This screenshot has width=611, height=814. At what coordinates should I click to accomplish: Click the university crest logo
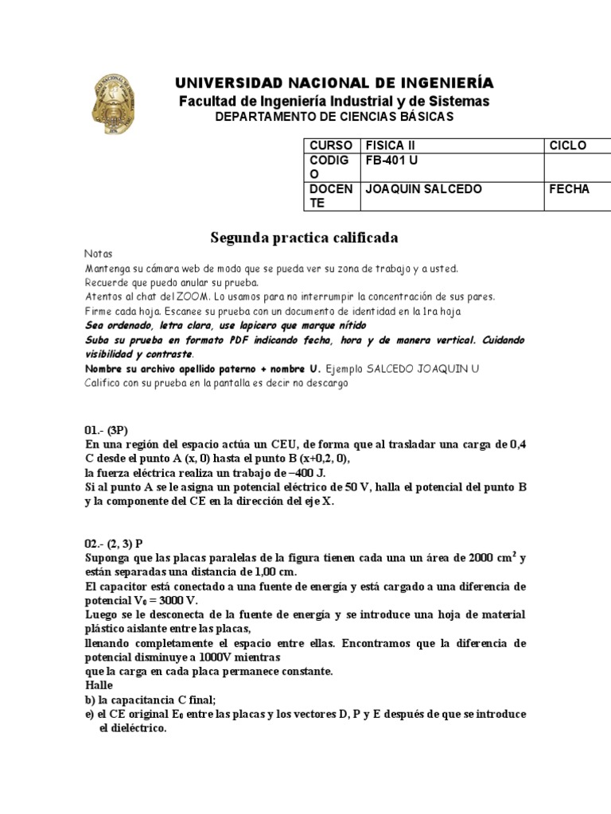pyautogui.click(x=118, y=103)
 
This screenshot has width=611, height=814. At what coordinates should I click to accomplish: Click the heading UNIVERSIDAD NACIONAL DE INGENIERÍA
pyautogui.click(x=334, y=83)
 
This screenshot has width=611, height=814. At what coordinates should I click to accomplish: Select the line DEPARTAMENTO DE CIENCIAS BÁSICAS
pyautogui.click(x=334, y=117)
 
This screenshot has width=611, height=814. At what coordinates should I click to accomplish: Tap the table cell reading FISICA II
pyautogui.click(x=390, y=145)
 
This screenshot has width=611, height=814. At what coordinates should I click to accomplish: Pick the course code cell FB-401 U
pyautogui.click(x=391, y=159)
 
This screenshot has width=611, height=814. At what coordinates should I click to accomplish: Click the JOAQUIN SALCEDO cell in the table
pyautogui.click(x=423, y=189)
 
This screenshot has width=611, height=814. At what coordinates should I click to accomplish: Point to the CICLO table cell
pyautogui.click(x=567, y=145)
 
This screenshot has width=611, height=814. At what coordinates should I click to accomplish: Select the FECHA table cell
pyautogui.click(x=569, y=189)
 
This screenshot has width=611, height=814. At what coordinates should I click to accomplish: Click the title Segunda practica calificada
pyautogui.click(x=304, y=238)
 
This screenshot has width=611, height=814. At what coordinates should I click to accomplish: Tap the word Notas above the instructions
pyautogui.click(x=99, y=254)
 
